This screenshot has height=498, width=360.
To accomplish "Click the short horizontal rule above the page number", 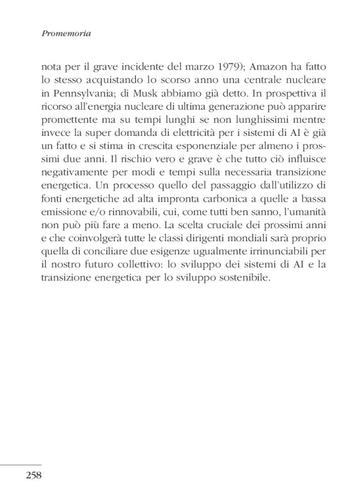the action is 20,465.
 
